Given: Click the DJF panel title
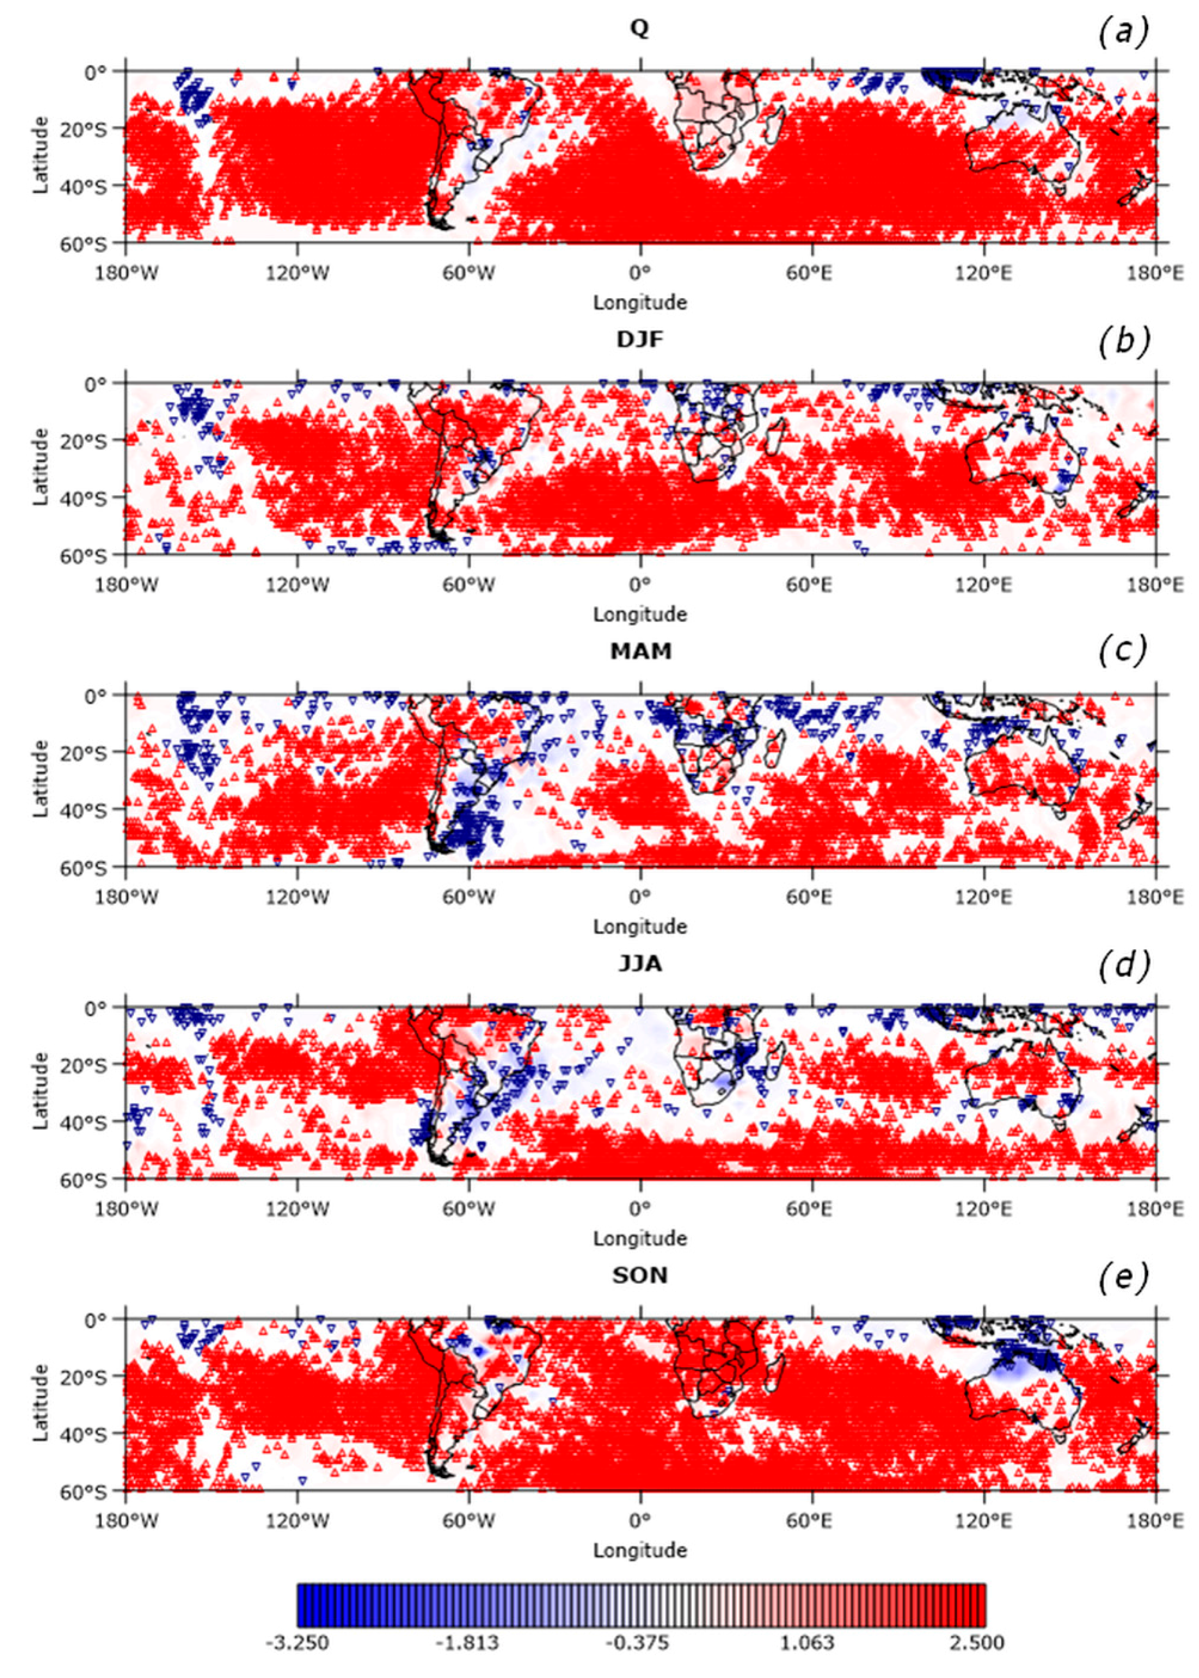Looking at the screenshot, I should [640, 343].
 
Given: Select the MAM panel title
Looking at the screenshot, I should [640, 655].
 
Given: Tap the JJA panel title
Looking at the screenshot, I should [640, 967].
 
